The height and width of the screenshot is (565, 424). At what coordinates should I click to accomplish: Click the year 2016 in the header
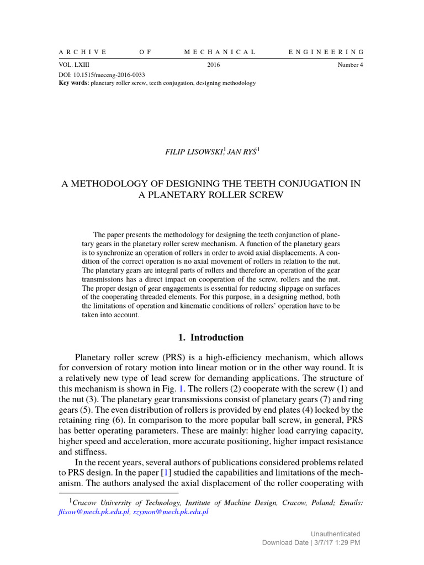(214, 65)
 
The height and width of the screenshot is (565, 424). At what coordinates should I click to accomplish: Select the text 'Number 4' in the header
(351, 65)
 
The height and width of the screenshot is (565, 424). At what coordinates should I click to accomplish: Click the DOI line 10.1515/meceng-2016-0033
(102, 74)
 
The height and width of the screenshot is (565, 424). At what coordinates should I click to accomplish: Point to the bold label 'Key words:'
(73, 83)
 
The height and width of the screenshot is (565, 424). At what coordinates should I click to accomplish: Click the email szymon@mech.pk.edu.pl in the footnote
(170, 512)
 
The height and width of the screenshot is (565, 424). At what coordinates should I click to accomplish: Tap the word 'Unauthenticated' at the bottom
(336, 534)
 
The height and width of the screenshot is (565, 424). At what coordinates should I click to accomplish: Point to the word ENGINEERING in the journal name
(326, 52)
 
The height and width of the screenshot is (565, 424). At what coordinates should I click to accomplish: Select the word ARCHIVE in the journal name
(82, 52)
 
